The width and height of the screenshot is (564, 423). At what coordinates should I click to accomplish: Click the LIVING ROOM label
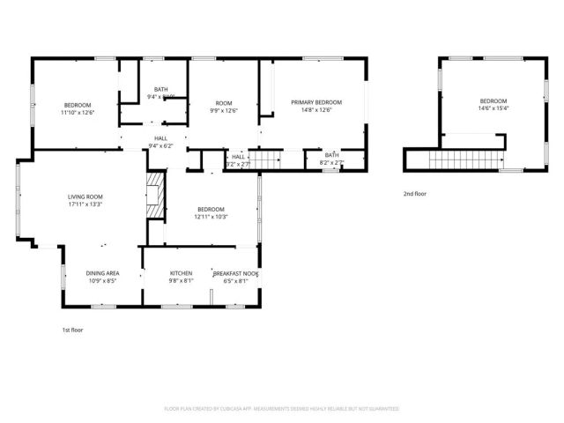(x=86, y=197)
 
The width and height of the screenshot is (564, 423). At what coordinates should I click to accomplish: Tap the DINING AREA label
(x=103, y=273)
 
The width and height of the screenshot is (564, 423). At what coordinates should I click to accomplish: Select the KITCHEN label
(x=181, y=273)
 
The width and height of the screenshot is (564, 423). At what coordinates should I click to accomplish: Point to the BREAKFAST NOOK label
(x=235, y=273)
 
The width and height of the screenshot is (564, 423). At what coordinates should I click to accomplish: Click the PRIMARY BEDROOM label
(x=316, y=102)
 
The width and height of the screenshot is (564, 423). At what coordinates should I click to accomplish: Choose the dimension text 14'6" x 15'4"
(x=493, y=108)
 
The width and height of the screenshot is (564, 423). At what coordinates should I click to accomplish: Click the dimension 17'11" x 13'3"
(x=86, y=204)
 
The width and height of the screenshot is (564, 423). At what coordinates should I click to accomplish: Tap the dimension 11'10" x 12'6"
(x=78, y=112)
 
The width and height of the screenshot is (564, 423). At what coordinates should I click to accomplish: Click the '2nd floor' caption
(x=414, y=193)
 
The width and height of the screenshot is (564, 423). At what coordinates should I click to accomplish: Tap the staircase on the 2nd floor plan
(x=462, y=161)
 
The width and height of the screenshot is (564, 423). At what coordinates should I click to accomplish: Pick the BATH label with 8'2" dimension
(x=331, y=155)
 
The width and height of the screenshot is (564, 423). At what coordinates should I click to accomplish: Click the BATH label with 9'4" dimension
(x=161, y=89)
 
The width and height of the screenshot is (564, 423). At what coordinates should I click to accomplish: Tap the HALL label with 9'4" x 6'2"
(x=161, y=137)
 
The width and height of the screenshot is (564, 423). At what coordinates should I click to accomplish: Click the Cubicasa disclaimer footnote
(x=282, y=409)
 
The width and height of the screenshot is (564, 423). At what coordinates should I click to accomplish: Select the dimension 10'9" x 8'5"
(x=103, y=281)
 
